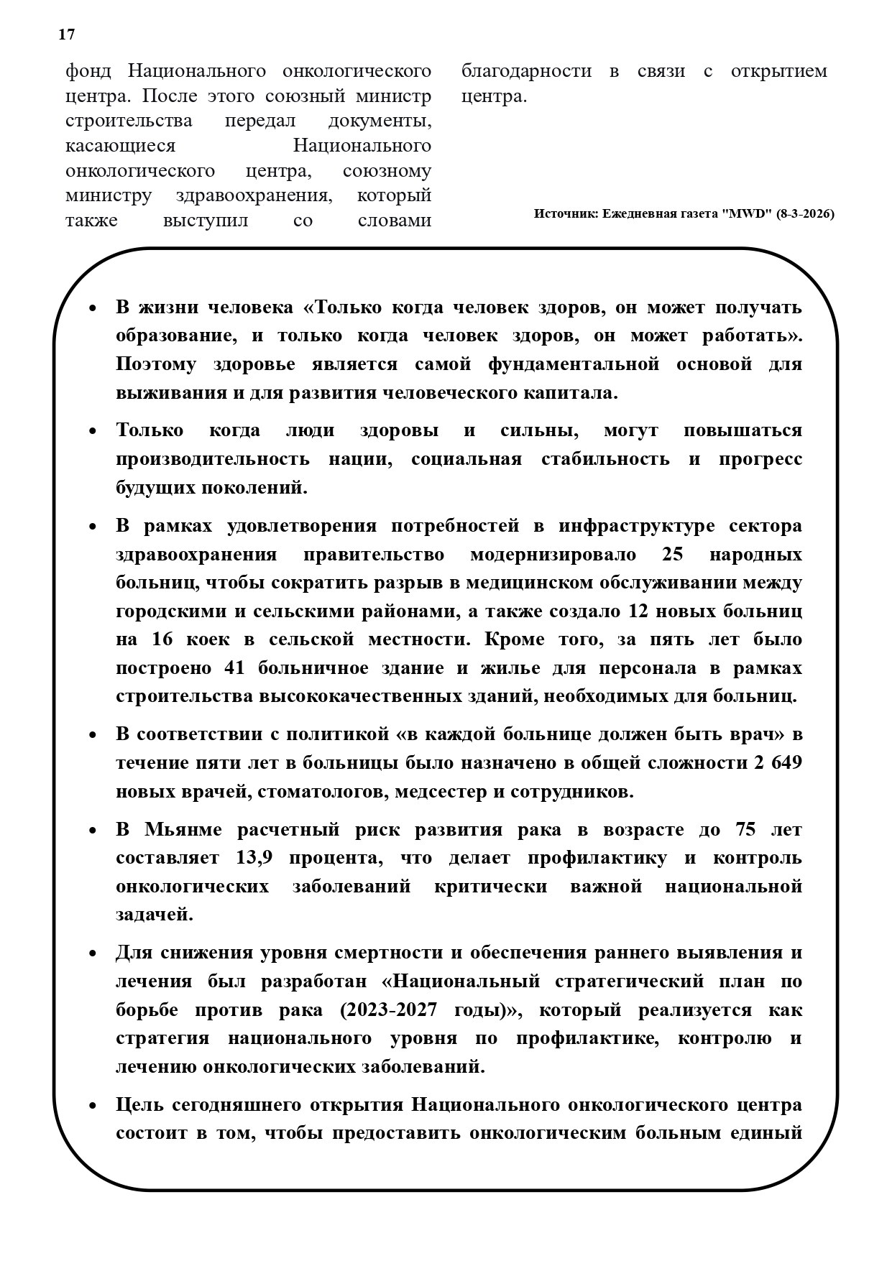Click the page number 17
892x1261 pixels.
(66, 34)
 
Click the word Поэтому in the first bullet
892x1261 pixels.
(155, 364)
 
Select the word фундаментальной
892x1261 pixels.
(574, 364)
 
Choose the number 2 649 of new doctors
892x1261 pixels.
(778, 764)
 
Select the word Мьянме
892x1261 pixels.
(180, 830)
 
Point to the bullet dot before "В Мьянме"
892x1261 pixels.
(92, 831)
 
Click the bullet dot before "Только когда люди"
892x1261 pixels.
(92, 432)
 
